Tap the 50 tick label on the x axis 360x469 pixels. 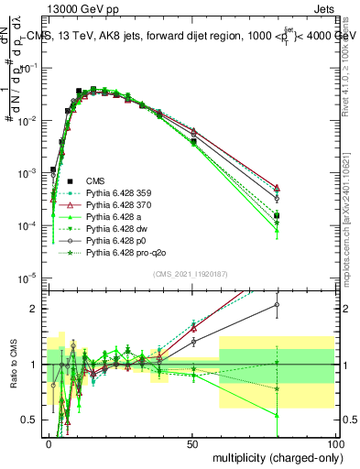[192, 442]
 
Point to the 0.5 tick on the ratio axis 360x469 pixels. [34, 420]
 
